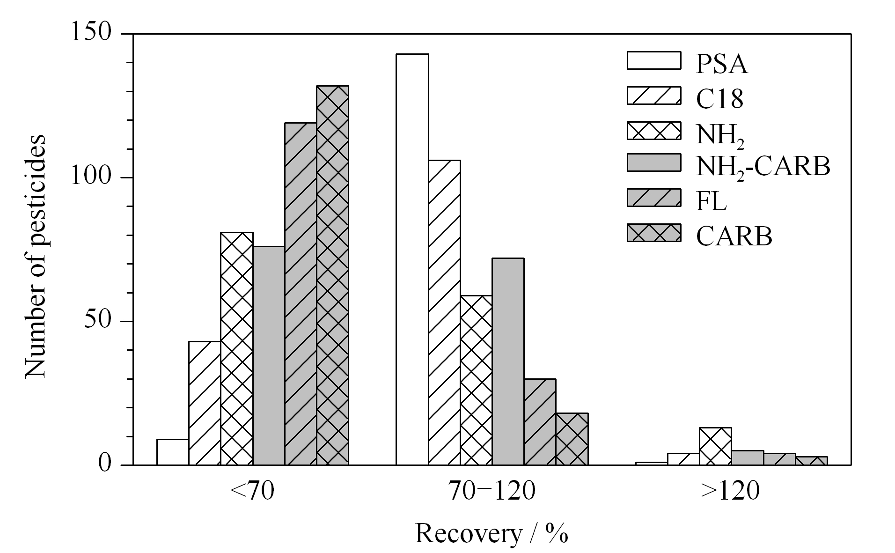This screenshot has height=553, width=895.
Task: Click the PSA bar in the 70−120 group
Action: (x=412, y=259)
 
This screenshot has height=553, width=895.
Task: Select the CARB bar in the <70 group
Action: (x=332, y=275)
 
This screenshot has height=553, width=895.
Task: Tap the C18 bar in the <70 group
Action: (x=205, y=403)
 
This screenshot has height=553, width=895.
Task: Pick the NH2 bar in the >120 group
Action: (x=715, y=446)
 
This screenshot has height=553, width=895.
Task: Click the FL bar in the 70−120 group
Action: (x=540, y=422)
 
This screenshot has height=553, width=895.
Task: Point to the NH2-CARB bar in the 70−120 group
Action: (x=508, y=361)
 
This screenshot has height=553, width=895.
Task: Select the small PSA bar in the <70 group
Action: (x=173, y=452)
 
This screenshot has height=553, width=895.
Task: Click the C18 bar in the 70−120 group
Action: (x=444, y=313)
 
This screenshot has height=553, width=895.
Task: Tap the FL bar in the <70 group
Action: (x=301, y=294)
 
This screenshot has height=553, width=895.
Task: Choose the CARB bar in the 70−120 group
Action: (x=572, y=439)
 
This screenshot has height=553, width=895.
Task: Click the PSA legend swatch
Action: (x=653, y=61)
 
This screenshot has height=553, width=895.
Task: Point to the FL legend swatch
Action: (x=653, y=198)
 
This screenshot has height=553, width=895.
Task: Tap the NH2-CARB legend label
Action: (x=763, y=167)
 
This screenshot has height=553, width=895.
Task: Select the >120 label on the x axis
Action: (x=730, y=492)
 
